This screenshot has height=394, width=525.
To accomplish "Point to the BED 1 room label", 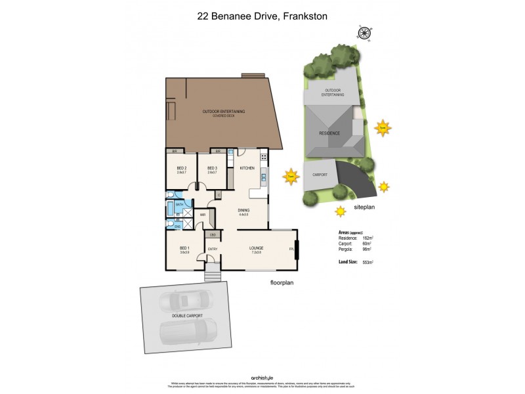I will click(x=184, y=249).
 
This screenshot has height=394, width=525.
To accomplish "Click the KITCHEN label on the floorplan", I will click(x=247, y=169).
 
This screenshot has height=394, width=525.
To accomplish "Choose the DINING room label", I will click(x=243, y=211).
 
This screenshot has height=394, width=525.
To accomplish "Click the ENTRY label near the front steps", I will click(x=213, y=249).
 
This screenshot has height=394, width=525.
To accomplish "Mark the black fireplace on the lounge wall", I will click(x=297, y=250).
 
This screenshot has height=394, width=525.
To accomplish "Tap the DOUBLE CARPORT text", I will click(x=188, y=316).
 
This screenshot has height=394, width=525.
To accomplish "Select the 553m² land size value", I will click(x=367, y=262).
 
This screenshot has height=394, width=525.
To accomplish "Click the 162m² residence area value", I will click(x=367, y=238).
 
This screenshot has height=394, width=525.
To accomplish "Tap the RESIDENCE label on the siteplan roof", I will click(x=329, y=133).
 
